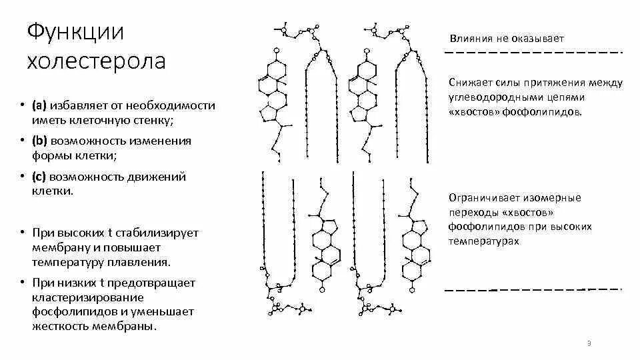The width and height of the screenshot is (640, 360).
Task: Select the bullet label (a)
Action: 39,106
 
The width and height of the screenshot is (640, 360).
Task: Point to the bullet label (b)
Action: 39,141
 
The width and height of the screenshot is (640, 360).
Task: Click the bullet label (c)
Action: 39,177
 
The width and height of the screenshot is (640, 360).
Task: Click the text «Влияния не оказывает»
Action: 506,39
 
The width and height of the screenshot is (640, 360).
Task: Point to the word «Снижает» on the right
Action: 471,83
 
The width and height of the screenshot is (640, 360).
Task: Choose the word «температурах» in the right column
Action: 483,241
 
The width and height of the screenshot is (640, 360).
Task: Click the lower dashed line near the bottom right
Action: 533,290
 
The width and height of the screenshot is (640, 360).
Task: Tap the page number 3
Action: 589,343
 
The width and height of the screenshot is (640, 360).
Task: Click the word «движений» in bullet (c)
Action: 157,177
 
